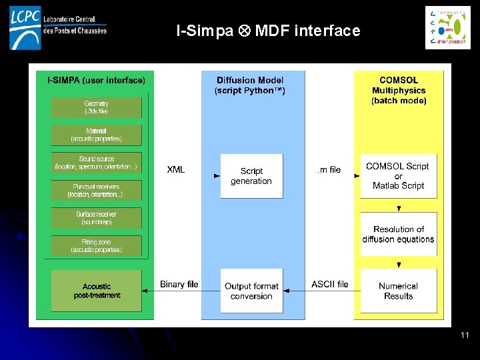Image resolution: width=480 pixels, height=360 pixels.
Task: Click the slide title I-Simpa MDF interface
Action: point(268,31)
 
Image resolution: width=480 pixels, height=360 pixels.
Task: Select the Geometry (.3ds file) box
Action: point(96,107)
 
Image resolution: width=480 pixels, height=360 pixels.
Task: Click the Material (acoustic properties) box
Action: point(96,135)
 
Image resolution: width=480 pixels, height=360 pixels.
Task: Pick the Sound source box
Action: point(96,163)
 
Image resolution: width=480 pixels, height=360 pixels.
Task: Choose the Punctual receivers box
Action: point(96,191)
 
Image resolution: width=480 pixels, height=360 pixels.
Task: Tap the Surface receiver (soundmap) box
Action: point(96,218)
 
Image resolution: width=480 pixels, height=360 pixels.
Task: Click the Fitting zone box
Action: point(96,246)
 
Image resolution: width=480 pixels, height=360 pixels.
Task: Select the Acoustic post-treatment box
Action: point(96,291)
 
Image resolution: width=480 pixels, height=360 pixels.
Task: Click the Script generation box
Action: point(251,176)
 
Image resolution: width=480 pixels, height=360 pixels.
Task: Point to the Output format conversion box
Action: point(251,291)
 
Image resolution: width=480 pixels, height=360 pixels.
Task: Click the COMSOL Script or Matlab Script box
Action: point(399,176)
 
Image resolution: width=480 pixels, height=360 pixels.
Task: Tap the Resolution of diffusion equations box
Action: point(399,234)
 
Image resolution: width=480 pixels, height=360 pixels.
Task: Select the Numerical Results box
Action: point(399,291)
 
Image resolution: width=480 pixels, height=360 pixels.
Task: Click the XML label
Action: point(176,170)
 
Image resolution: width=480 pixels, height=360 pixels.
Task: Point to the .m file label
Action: point(328,170)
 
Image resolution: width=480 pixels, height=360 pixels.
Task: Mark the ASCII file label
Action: point(329,285)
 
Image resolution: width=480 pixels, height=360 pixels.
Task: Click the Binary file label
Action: point(179,285)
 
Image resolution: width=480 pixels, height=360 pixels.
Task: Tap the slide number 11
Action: point(465,335)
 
